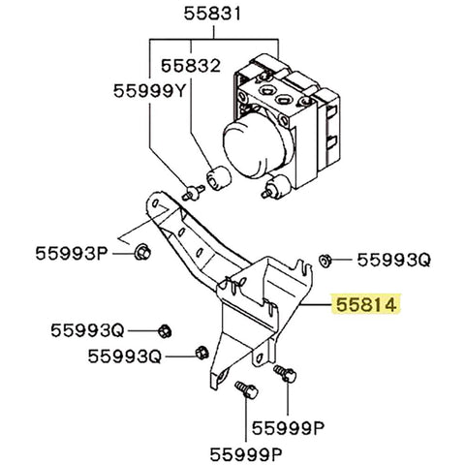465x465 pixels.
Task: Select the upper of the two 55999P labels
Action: [287, 424]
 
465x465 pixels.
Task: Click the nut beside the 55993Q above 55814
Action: [327, 259]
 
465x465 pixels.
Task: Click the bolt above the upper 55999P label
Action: [285, 371]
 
